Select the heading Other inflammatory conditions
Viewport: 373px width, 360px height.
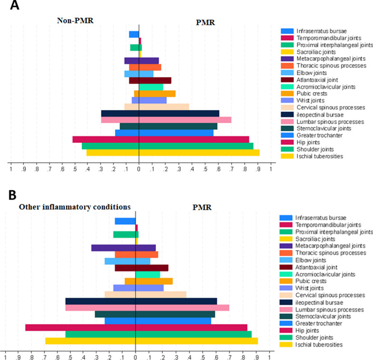click(x=73, y=207)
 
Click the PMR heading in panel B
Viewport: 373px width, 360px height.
click(x=205, y=207)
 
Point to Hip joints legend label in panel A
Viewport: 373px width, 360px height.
click(x=309, y=142)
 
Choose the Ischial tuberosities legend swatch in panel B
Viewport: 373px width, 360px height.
click(x=287, y=344)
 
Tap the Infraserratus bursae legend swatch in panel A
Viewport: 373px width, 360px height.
click(x=287, y=31)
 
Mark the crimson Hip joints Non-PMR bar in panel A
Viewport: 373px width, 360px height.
click(x=106, y=139)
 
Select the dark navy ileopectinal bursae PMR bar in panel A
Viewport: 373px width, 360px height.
click(x=179, y=113)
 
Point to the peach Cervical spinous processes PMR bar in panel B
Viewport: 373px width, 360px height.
click(x=161, y=294)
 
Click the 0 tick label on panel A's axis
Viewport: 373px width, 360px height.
click(x=138, y=168)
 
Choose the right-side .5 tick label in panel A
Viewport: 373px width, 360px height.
click(x=205, y=168)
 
